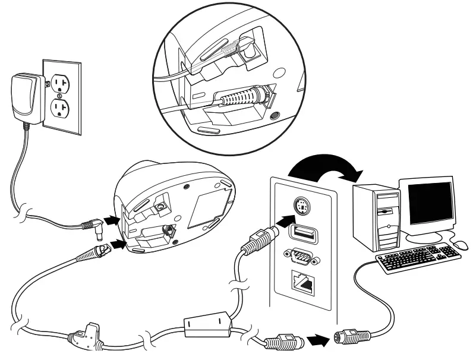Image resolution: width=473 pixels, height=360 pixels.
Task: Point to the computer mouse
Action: pyautogui.click(x=460, y=244)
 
